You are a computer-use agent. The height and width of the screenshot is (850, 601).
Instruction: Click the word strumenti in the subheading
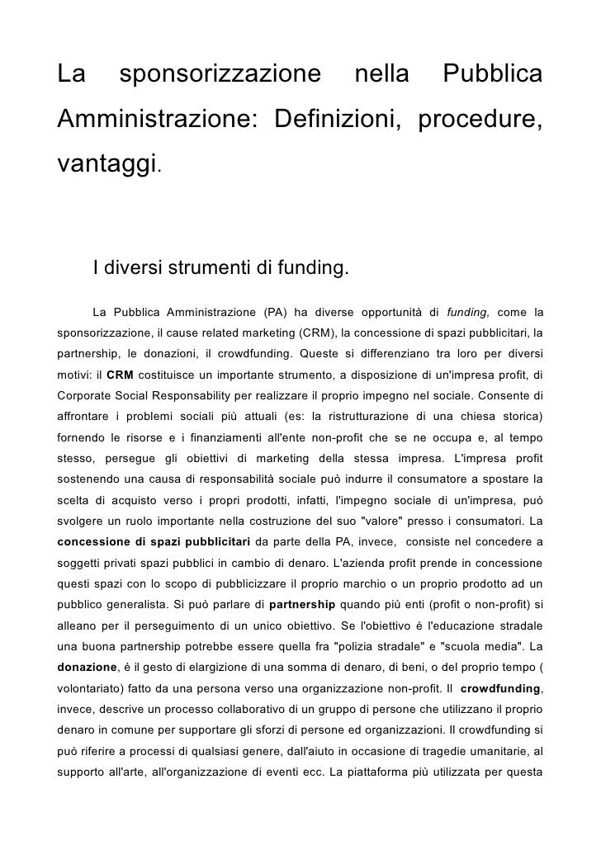tap(207, 269)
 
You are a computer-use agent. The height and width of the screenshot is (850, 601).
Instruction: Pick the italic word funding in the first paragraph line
tap(468, 312)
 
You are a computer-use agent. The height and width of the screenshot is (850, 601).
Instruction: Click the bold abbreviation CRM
tap(121, 374)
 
